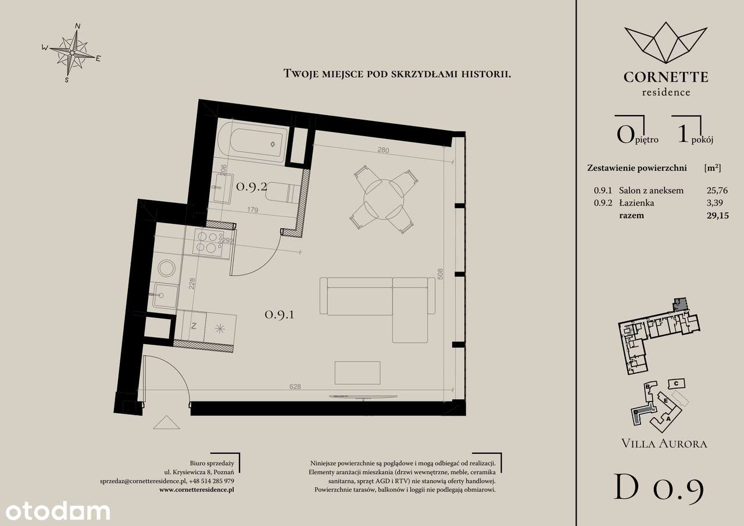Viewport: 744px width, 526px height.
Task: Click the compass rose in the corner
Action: (x=71, y=52)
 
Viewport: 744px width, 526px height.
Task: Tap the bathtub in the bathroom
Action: (x=252, y=142)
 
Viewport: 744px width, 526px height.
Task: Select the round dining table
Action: (x=384, y=199)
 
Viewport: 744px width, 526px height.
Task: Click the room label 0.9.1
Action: (x=280, y=314)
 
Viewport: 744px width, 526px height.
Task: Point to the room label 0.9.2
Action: (x=252, y=187)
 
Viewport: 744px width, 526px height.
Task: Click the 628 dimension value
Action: (x=295, y=387)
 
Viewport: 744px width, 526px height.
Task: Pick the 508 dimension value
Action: (x=441, y=274)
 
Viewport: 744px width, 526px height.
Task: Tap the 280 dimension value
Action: (x=383, y=150)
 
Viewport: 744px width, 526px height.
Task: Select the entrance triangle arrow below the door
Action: (x=166, y=423)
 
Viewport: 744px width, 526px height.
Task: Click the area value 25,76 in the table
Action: (x=717, y=190)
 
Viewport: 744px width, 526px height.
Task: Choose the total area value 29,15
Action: (x=718, y=216)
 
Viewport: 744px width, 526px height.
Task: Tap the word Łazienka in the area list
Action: (x=636, y=203)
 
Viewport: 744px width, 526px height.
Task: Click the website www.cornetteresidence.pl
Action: (x=196, y=489)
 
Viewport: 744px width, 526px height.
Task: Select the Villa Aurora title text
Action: (x=664, y=443)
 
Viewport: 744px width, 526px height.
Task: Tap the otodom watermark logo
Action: (x=58, y=511)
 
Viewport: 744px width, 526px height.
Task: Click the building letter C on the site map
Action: (x=676, y=384)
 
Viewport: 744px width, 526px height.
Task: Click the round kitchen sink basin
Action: (x=166, y=268)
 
